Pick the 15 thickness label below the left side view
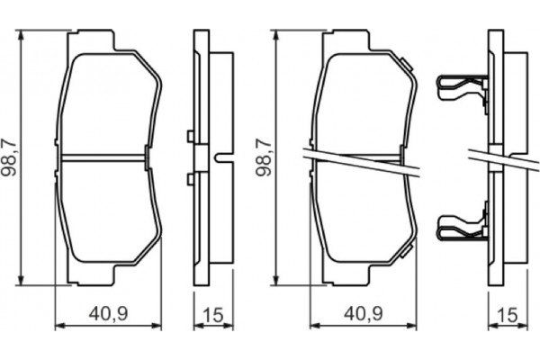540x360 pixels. [213, 313]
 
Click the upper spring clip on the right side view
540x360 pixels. [460, 85]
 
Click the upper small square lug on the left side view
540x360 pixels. [190, 137]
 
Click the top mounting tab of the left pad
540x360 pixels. [94, 40]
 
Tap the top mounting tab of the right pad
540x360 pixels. [346, 40]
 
